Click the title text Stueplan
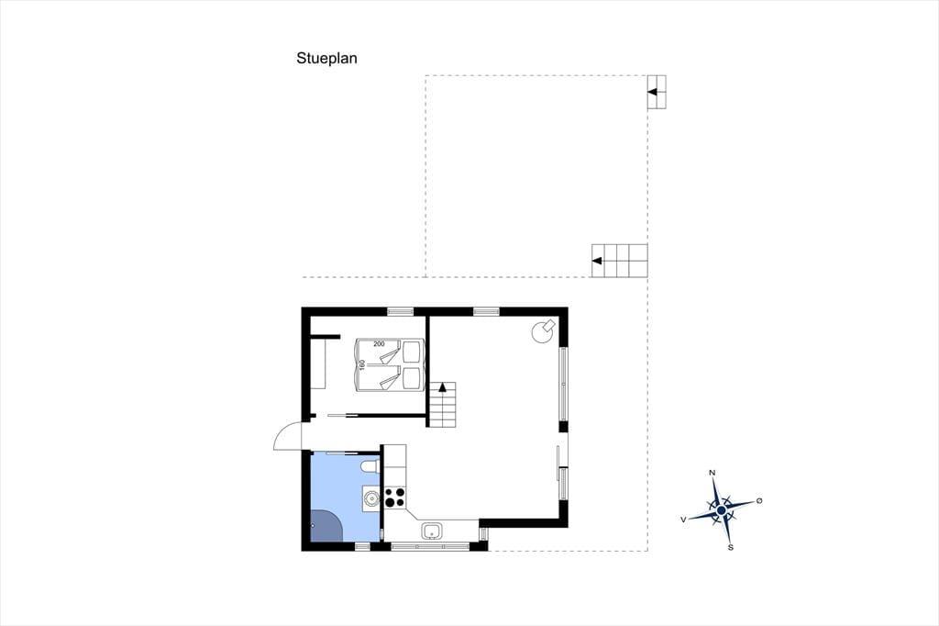coord(326,58)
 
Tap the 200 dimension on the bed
coord(379,344)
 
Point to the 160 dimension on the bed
coord(362,364)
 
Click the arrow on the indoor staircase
coord(443,387)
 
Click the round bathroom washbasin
coord(371,497)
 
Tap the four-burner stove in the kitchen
coord(395,497)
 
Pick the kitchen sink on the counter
coord(432,531)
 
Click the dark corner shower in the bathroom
coord(326,526)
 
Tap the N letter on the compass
coord(712,473)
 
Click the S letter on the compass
coord(731,547)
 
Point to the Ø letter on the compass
coord(759,500)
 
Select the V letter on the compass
coord(683,520)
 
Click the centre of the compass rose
coord(722,510)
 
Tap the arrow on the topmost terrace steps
coord(653,92)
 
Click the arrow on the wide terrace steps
coord(596,261)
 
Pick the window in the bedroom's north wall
coord(401,311)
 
